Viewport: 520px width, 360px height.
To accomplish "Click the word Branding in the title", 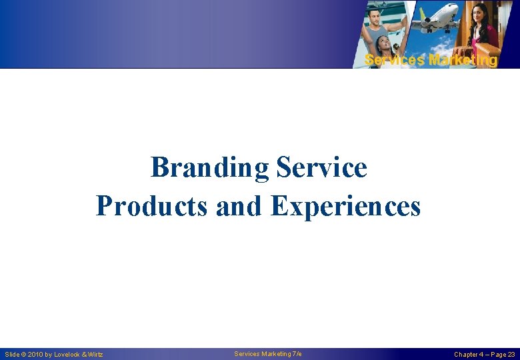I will coord(209,167).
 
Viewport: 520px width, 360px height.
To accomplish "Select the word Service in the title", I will coord(321,167).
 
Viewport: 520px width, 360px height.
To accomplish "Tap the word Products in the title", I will coord(153,206).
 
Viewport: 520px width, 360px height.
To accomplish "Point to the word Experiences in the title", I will coord(345,206).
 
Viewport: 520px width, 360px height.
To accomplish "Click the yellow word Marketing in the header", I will coord(463,60).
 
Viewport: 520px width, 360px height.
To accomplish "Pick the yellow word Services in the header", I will coord(395,60).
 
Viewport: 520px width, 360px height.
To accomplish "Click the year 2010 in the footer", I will coord(36,355).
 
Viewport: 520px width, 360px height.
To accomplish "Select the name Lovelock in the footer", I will coord(67,355).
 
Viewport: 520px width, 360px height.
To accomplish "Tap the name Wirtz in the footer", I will coord(95,355).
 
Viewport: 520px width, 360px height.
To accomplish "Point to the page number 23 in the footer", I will coord(511,355).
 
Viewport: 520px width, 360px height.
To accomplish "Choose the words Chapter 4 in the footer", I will coord(469,355).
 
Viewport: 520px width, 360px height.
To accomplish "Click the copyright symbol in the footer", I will coord(23,355).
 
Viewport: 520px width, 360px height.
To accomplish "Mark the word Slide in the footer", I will coord(12,355).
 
